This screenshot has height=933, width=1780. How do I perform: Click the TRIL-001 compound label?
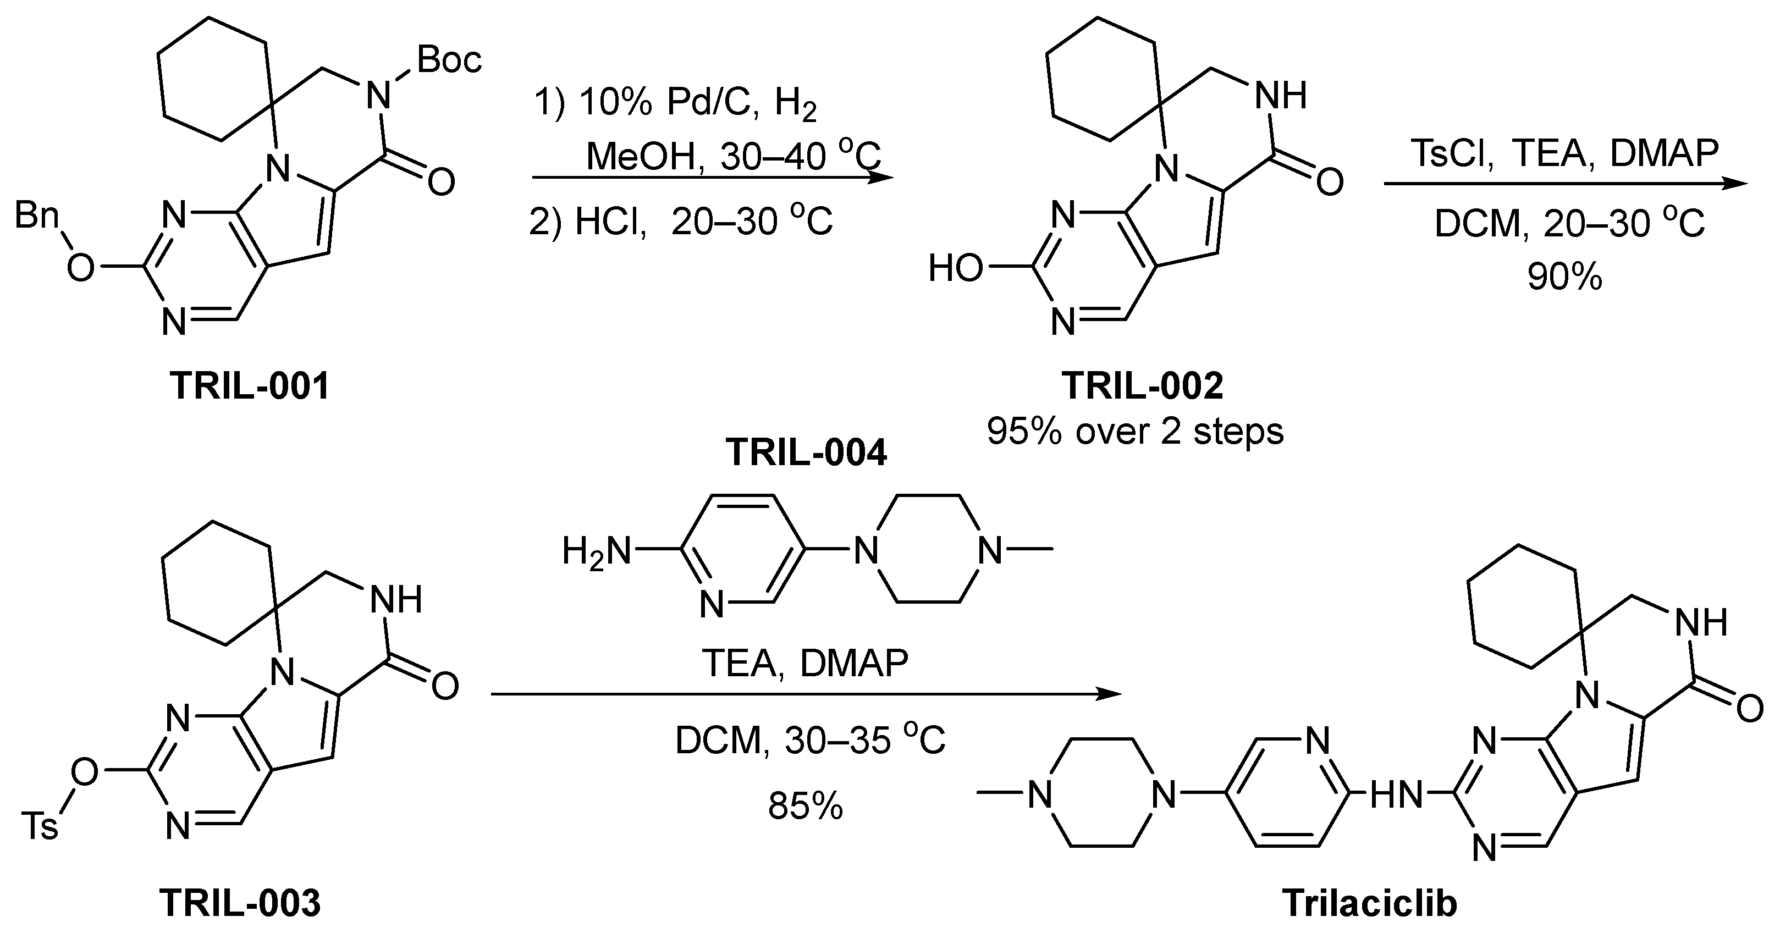[250, 385]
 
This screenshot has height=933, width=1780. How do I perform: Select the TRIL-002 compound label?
[1143, 385]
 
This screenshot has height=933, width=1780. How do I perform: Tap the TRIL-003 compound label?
[240, 903]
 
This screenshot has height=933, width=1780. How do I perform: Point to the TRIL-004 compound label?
[806, 454]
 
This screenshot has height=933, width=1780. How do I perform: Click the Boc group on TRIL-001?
[449, 60]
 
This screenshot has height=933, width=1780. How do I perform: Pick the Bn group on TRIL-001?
[36, 216]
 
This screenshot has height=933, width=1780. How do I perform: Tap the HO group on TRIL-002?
[955, 268]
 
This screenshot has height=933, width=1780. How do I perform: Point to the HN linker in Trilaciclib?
[1396, 796]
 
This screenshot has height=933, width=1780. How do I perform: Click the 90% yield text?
[1564, 277]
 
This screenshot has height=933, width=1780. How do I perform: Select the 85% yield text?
[806, 806]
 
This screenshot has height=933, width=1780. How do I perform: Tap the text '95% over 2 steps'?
[1134, 431]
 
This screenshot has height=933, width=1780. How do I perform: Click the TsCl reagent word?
[1450, 153]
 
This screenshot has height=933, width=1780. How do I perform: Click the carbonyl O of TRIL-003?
[444, 686]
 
